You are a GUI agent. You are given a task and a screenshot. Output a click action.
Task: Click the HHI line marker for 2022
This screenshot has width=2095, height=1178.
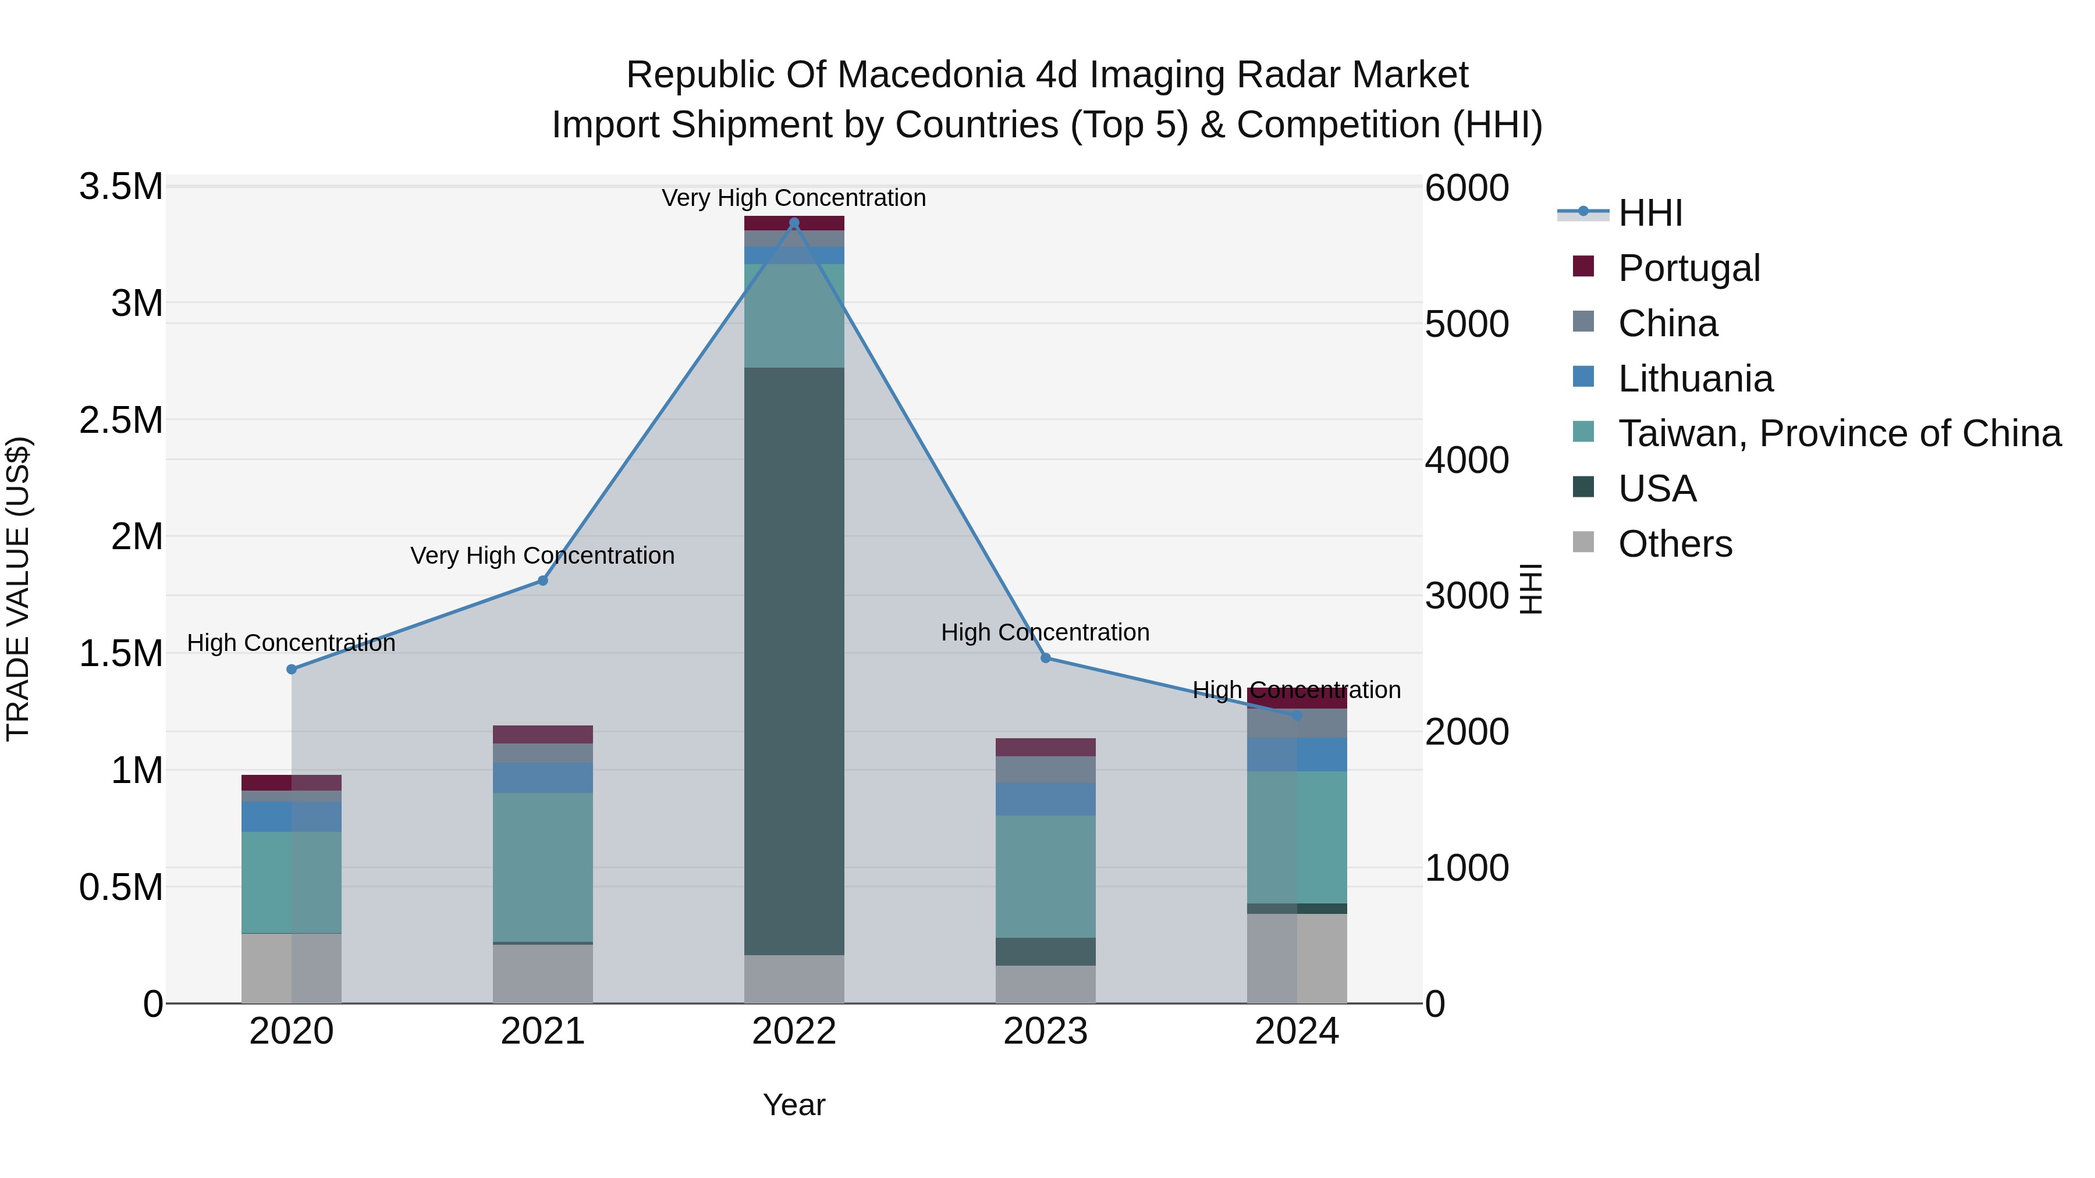(x=794, y=223)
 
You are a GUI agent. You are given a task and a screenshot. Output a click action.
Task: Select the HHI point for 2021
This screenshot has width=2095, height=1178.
(x=542, y=581)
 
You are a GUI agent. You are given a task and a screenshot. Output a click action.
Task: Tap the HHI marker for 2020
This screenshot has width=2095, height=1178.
(x=291, y=669)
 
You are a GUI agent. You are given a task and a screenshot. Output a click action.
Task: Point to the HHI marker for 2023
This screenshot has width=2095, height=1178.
(x=1045, y=658)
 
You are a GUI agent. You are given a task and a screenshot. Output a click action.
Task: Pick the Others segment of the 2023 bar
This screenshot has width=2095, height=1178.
(x=1045, y=984)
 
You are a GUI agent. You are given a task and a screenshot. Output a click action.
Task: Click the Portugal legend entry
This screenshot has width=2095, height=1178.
(x=1688, y=268)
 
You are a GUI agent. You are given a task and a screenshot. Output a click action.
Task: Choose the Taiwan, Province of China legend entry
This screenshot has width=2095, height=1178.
(x=1838, y=433)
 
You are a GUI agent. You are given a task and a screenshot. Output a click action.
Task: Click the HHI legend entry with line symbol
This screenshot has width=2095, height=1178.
(x=1649, y=213)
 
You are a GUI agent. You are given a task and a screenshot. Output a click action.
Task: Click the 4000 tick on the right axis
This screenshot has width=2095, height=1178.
(x=1466, y=460)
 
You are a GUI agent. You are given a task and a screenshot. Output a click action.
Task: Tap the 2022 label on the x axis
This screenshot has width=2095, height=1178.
(x=794, y=1031)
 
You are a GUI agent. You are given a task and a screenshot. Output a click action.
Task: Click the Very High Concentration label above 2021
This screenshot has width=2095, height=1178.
(x=542, y=556)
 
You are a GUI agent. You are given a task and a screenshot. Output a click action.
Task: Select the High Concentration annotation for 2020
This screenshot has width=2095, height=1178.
(x=291, y=642)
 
